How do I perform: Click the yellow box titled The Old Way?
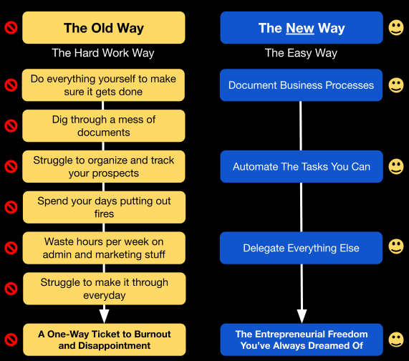click(104, 28)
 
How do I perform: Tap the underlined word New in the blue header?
click(300, 28)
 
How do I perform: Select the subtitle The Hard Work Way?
click(103, 53)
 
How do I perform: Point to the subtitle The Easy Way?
click(301, 53)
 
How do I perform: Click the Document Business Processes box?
click(301, 85)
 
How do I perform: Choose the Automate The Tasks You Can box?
click(302, 166)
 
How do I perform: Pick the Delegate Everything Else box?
click(301, 248)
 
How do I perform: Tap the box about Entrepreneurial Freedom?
click(302, 340)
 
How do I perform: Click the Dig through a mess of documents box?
click(104, 126)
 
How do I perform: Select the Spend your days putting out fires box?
click(105, 207)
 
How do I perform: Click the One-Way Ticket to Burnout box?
click(105, 340)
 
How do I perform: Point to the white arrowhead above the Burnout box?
click(104, 316)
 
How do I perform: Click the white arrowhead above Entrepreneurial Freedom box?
click(302, 316)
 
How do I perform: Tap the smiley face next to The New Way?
click(396, 28)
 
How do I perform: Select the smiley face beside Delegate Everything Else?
click(396, 246)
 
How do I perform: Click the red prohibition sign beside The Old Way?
click(11, 28)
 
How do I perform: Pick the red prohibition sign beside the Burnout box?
click(11, 340)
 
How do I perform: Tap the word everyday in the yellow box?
click(105, 295)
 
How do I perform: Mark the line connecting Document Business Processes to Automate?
click(301, 126)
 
